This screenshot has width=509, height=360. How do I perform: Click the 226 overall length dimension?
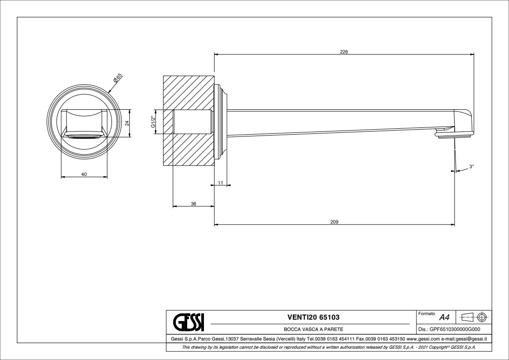(x=344, y=52)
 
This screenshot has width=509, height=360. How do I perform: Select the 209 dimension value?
(x=334, y=222)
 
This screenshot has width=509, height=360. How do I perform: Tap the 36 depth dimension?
(x=193, y=204)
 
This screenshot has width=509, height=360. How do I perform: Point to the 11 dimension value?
(x=221, y=182)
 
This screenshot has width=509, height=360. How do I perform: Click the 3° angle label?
(x=471, y=167)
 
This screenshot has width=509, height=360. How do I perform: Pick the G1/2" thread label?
(x=153, y=122)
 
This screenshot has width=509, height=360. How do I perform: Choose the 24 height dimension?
(x=127, y=123)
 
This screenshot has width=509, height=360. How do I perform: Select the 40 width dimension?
(x=84, y=175)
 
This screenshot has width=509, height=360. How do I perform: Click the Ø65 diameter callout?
(x=117, y=79)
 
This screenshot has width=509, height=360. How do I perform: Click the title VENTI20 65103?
(x=313, y=316)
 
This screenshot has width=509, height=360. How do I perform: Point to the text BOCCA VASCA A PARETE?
(x=313, y=330)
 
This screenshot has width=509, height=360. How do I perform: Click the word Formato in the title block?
(x=426, y=313)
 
